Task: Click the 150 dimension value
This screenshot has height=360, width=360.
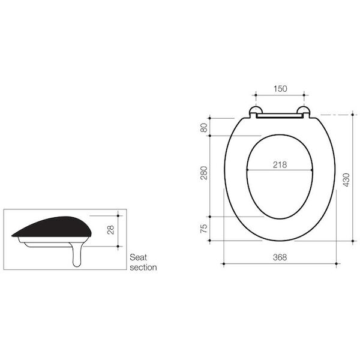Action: tap(280, 88)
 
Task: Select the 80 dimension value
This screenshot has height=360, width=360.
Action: tap(203, 127)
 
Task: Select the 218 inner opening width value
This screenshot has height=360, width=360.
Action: tap(280, 164)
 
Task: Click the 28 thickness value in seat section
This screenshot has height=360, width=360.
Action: tap(111, 230)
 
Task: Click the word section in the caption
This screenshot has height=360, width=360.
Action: tap(143, 268)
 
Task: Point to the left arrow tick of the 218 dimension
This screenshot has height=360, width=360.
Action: tap(247, 171)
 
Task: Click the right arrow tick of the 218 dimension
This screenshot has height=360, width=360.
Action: tap(313, 171)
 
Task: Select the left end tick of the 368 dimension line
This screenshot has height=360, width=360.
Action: tap(224, 263)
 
